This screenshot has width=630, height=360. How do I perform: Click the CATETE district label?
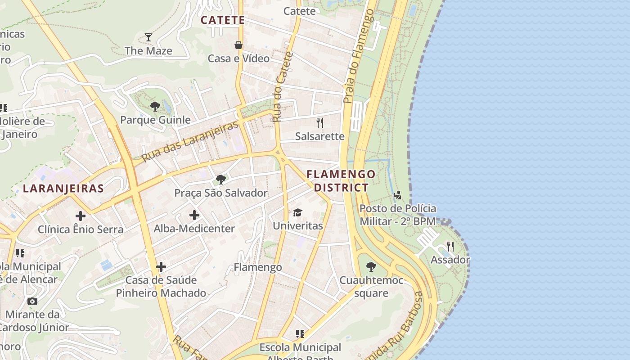tap(223, 20)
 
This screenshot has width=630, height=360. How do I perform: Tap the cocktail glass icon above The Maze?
tap(148, 37)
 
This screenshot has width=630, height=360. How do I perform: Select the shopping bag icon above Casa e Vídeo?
tap(238, 45)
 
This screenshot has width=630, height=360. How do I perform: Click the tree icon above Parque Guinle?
tap(155, 107)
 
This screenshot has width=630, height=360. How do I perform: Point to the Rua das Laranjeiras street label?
tap(190, 142)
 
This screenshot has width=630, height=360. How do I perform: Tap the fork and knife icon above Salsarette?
tap(320, 122)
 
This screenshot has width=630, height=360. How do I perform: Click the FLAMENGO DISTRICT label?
tap(341, 180)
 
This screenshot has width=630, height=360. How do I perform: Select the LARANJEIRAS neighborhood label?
tap(63, 189)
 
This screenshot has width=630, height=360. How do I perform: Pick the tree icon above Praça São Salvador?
tap(221, 180)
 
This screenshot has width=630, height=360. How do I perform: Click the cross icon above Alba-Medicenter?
tap(194, 215)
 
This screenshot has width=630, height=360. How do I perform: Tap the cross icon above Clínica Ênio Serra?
tap(81, 216)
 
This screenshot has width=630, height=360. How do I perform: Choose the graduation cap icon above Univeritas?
tap(297, 212)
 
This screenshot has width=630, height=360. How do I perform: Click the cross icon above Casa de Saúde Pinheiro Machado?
tap(161, 267)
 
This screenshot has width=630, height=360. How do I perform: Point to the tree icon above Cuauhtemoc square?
tap(371, 267)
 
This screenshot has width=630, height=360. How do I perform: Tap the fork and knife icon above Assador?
tap(450, 246)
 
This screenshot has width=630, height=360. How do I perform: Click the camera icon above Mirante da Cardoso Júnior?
tap(32, 301)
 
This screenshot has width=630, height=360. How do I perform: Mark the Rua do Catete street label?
tap(283, 87)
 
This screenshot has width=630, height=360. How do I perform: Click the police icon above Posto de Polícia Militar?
tap(397, 195)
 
